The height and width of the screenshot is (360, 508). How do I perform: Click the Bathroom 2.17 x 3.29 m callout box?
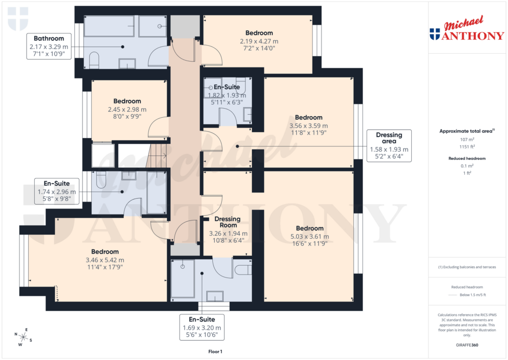(49, 47)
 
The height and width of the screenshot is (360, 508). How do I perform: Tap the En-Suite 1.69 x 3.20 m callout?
(202, 327)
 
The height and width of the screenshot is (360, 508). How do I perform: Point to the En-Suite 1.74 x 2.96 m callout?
(57, 191)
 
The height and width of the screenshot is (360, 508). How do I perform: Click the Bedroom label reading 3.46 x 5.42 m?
(105, 259)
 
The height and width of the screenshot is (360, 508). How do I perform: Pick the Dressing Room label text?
(227, 222)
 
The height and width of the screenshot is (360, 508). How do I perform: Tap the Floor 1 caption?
(216, 352)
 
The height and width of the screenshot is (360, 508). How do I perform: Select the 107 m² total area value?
(466, 140)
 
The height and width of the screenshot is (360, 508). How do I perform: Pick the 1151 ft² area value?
(466, 147)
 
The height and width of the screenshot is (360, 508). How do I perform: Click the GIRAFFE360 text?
(466, 345)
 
